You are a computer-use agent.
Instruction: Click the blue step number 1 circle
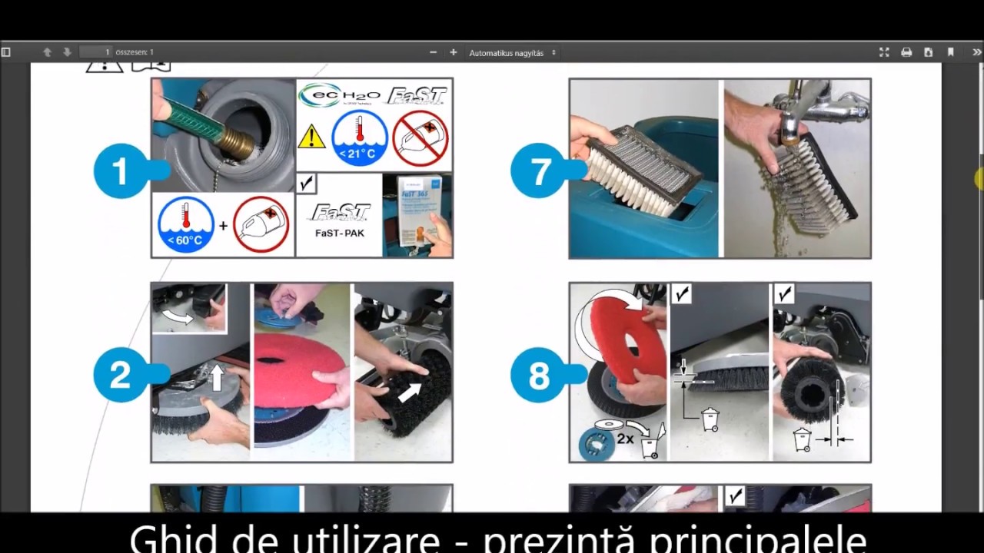pos(121,171)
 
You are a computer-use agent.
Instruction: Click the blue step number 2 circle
pos(121,376)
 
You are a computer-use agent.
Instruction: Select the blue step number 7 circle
pos(538,171)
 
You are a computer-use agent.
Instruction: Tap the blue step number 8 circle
pos(538,376)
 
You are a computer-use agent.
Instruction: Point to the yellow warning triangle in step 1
pos(311,137)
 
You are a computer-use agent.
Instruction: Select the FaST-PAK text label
pos(339,232)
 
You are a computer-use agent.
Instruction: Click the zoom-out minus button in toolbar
pos(433,52)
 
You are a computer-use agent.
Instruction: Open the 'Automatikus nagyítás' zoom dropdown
pos(511,53)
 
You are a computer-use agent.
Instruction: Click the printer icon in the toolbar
pos(906,52)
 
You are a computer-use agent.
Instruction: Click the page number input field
pos(96,52)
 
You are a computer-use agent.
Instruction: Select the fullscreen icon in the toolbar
pos(884,52)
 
